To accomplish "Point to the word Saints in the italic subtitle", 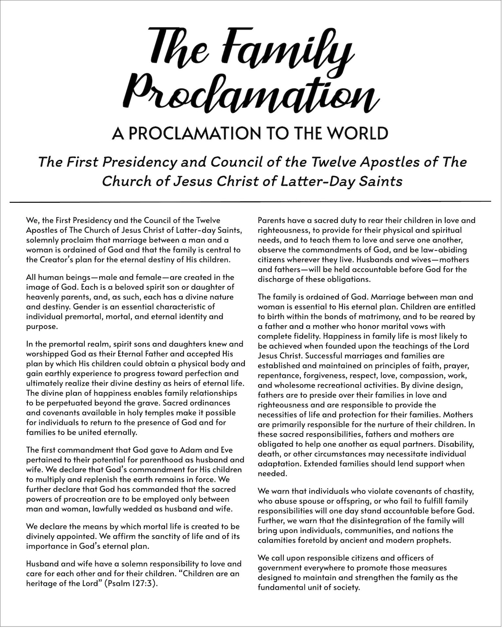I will (x=381, y=181).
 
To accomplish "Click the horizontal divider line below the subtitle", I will (x=251, y=202).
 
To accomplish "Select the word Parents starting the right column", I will (x=272, y=220).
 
